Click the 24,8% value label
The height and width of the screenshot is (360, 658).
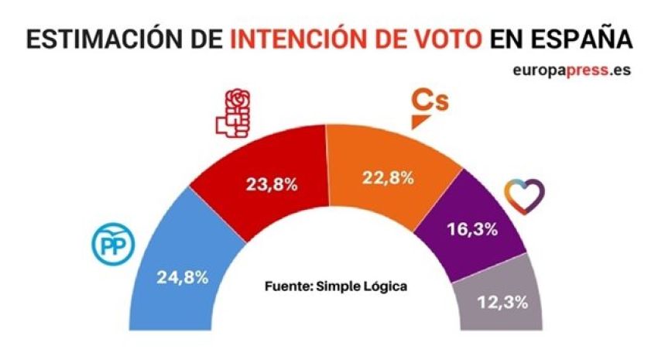pyautogui.click(x=183, y=276)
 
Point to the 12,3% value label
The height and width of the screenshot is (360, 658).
pyautogui.click(x=502, y=302)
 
